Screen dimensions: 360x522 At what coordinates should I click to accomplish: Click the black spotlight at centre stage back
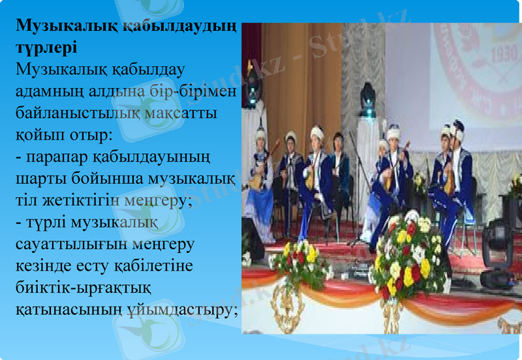[x=368, y=98]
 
